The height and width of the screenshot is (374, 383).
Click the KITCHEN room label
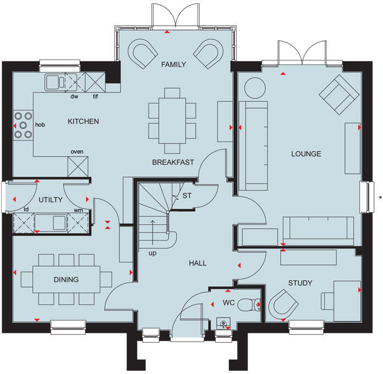pyautogui.click(x=83, y=121)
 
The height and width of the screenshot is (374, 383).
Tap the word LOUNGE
pyautogui.click(x=306, y=153)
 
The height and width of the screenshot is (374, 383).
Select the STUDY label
pyautogui.click(x=300, y=283)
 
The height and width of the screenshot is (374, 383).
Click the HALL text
pyautogui.click(x=198, y=263)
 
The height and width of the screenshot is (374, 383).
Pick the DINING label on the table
pyautogui.click(x=66, y=279)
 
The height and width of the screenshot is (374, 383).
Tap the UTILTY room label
pyautogui.click(x=51, y=200)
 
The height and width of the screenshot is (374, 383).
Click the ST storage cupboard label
pyautogui.click(x=187, y=195)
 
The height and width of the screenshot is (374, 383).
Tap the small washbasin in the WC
pyautogui.click(x=223, y=323)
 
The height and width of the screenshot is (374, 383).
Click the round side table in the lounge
pyautogui.click(x=254, y=87)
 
